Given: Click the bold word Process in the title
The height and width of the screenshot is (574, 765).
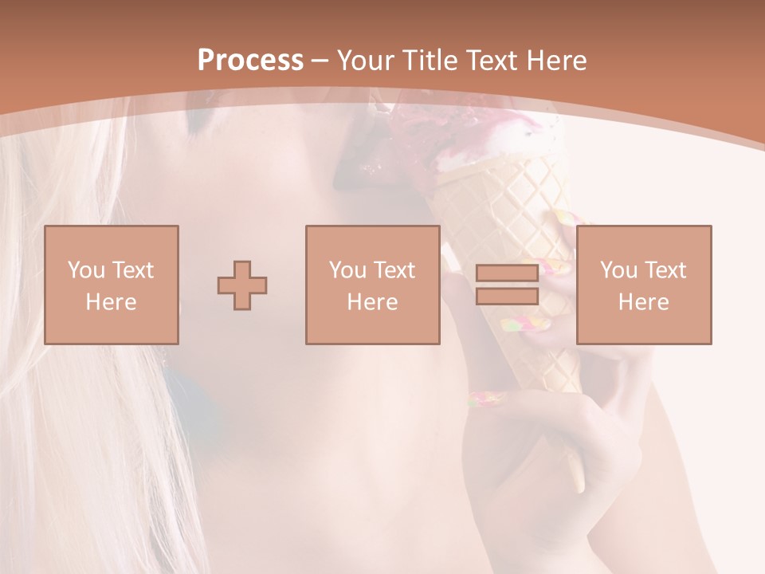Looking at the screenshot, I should [250, 61].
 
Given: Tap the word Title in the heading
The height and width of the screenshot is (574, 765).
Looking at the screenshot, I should [431, 61].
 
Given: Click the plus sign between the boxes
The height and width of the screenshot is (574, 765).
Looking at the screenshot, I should [242, 285].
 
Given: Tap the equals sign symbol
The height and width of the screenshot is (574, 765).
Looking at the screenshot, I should [507, 285].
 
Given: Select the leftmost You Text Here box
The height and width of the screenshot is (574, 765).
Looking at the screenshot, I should [111, 285].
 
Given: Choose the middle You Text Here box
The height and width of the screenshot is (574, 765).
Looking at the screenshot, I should [372, 285].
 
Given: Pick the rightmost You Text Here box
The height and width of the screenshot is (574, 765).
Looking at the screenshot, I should [643, 285].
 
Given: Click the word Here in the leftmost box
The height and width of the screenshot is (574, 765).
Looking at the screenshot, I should [111, 302].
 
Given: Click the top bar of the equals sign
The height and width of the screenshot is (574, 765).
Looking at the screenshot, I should [507, 273].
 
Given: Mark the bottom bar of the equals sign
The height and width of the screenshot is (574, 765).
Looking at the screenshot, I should [507, 297].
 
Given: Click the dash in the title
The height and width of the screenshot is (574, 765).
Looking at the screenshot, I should [320, 61].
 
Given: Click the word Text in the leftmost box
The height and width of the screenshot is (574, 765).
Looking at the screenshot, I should [133, 270].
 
